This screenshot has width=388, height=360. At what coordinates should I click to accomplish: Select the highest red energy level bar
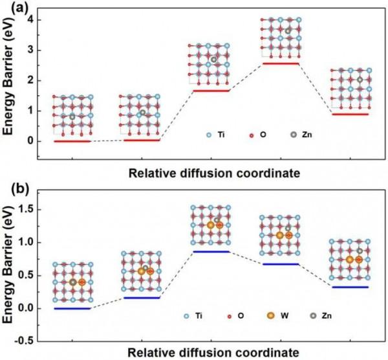click(280, 63)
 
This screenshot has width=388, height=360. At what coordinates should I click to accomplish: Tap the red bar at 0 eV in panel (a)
click(72, 141)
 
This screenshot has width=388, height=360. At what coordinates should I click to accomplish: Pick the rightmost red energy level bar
click(349, 114)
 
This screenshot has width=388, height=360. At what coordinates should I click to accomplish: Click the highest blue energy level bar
click(211, 251)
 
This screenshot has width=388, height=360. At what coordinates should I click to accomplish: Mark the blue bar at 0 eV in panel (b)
click(72, 308)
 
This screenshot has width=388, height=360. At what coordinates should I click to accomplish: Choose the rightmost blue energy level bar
click(349, 287)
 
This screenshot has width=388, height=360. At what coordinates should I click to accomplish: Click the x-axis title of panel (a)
click(213, 173)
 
